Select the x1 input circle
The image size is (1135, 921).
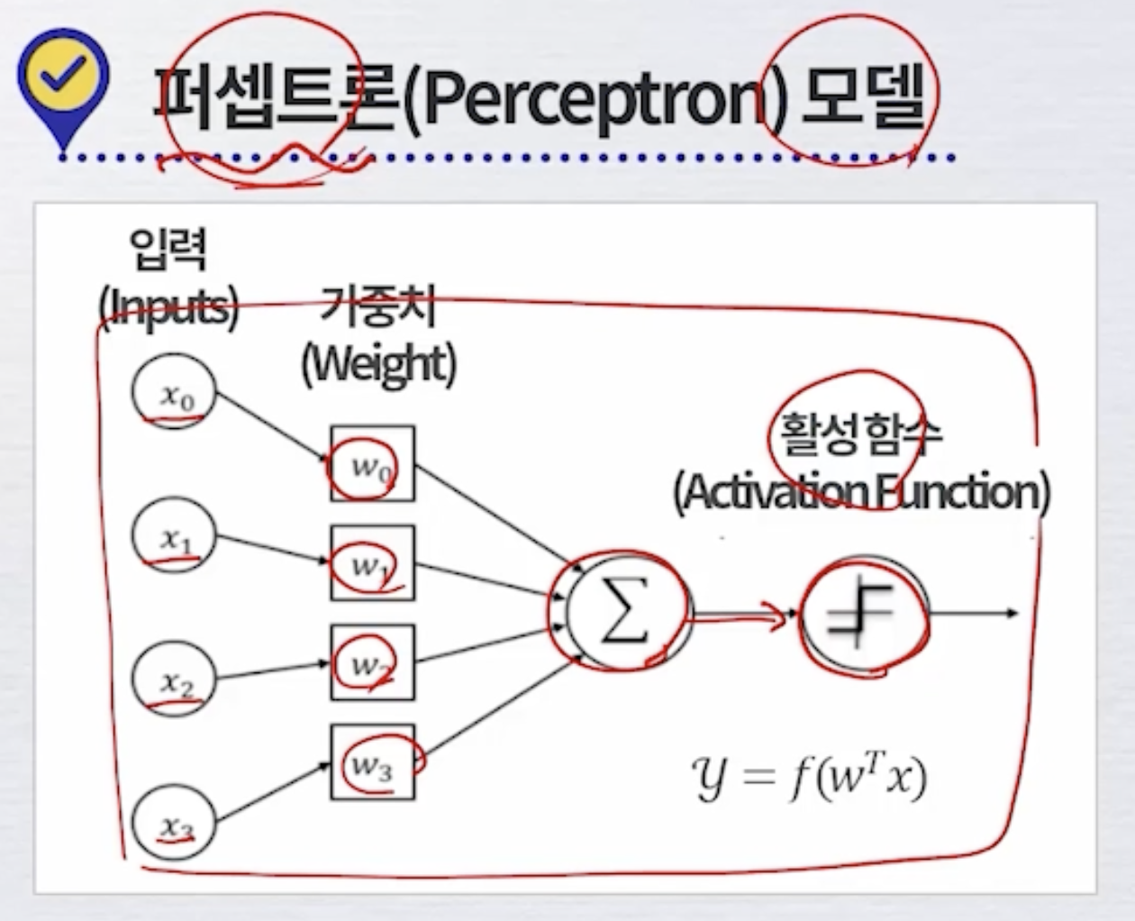tap(175, 537)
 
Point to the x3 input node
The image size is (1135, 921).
tap(175, 823)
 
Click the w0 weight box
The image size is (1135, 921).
tap(372, 464)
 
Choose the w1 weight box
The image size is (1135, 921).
tap(372, 563)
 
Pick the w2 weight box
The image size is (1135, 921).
tap(372, 662)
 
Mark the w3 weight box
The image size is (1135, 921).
tap(372, 762)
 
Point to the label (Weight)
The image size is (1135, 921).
tap(378, 364)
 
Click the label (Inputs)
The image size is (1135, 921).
tap(168, 308)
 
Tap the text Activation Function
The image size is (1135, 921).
tap(861, 492)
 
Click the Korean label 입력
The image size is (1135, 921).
tap(168, 249)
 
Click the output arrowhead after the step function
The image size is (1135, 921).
tap(1012, 614)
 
